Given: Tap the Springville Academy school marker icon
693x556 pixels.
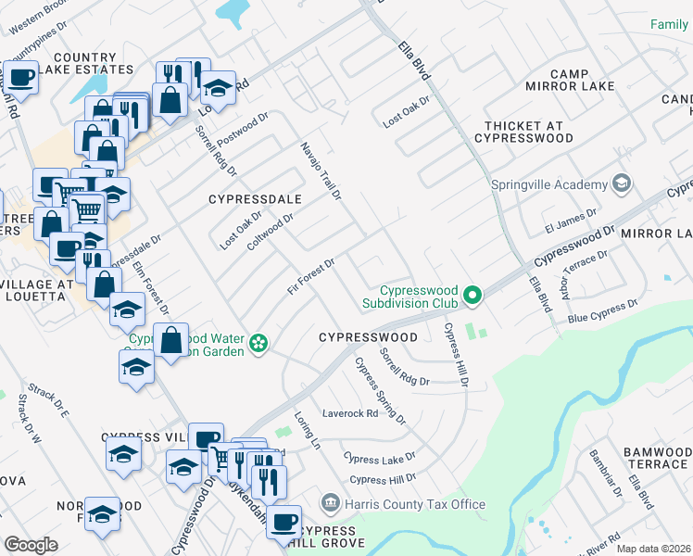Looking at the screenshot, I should coord(622,183).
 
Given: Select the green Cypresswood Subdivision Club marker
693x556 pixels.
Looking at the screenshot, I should coord(473,297).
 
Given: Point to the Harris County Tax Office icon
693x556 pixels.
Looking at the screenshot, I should coord(330,504).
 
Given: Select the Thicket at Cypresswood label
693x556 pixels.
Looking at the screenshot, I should coord(524,131).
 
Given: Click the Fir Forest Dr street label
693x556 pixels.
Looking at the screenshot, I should coord(310,277).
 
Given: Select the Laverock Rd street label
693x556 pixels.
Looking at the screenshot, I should coord(350,413).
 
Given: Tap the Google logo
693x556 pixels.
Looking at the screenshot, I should coord(31,545).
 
